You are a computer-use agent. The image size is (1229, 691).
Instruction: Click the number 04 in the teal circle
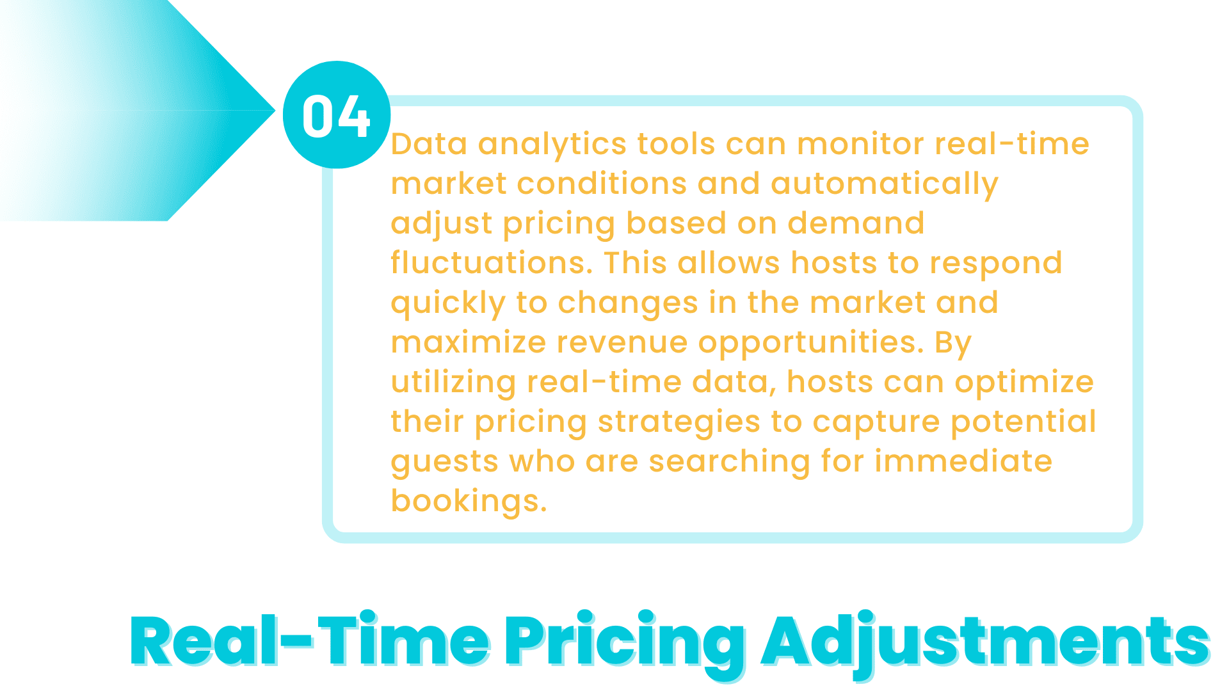pos(336,116)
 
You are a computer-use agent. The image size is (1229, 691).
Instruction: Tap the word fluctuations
pos(492,263)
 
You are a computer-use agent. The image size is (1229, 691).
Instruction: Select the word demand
pos(856,223)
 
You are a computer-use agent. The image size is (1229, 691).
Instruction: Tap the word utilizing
pos(453,383)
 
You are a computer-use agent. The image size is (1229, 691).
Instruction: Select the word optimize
pos(1024,383)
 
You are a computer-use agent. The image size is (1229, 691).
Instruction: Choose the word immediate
pos(963,461)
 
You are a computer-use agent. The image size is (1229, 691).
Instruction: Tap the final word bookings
pos(469,502)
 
